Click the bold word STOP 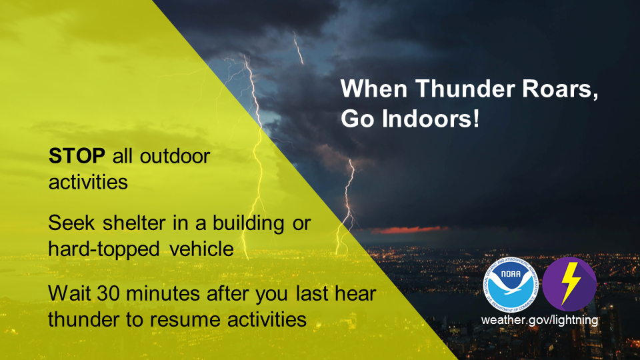pyautogui.click(x=77, y=156)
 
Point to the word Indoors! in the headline pyautogui.click(x=431, y=119)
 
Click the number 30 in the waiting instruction pyautogui.click(x=109, y=293)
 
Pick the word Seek pyautogui.click(x=72, y=223)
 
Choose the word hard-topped pyautogui.click(x=104, y=249)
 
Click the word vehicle pyautogui.click(x=201, y=249)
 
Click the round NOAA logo pyautogui.click(x=511, y=285)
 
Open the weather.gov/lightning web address pyautogui.click(x=539, y=320)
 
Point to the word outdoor pyautogui.click(x=175, y=156)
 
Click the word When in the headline pyautogui.click(x=373, y=89)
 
